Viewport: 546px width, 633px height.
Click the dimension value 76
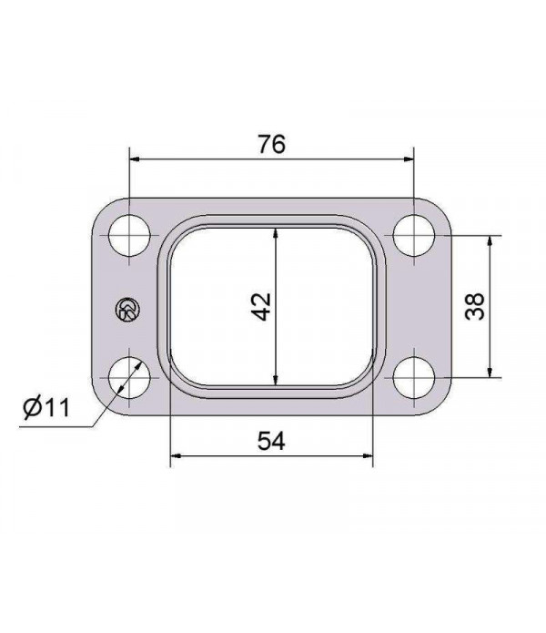271,143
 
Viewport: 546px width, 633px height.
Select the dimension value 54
271,441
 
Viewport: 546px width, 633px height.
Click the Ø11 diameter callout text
47,408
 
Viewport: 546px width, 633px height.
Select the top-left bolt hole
130,235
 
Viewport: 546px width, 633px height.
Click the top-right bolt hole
416,235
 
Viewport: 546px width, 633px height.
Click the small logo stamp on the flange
126,310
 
